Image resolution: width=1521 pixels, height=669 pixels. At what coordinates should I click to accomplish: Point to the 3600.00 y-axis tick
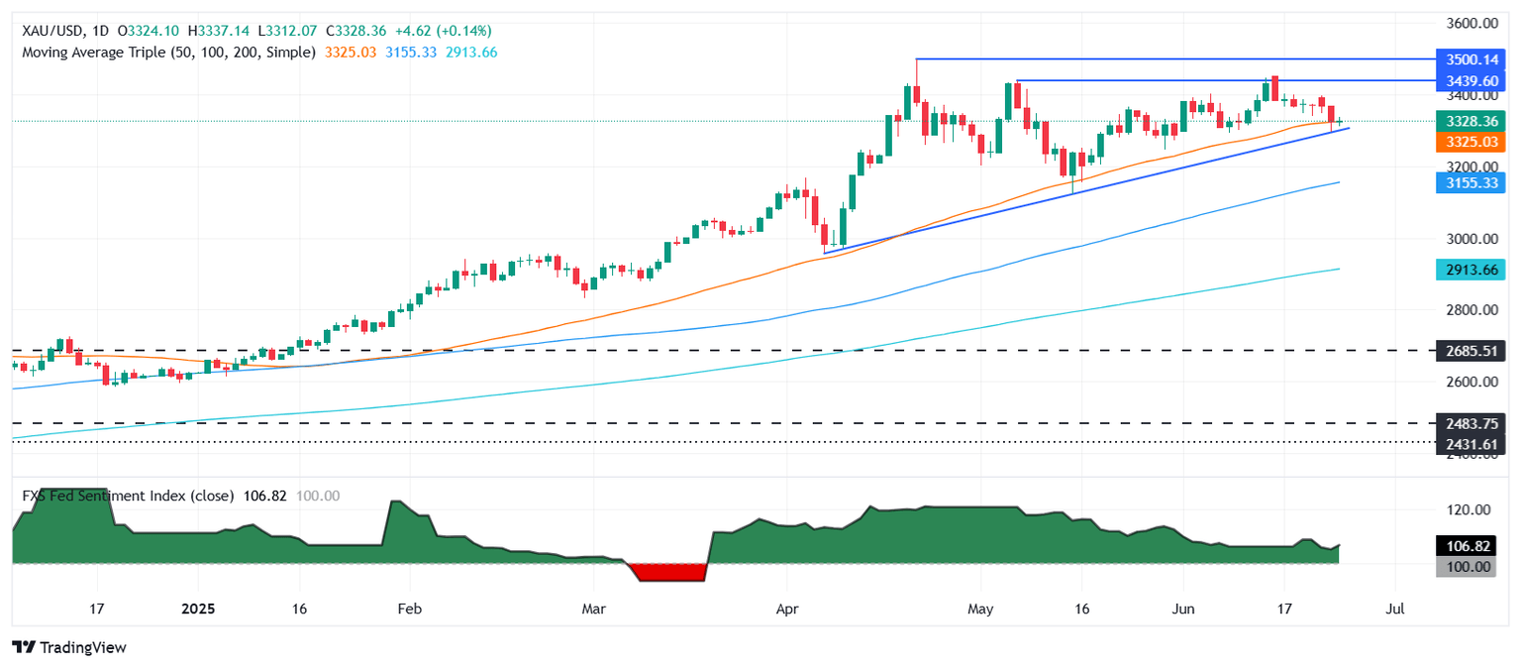1466,23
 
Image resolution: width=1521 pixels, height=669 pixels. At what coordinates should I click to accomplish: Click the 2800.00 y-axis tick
1466,310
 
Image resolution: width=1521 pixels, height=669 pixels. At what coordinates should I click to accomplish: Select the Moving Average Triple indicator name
169,52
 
